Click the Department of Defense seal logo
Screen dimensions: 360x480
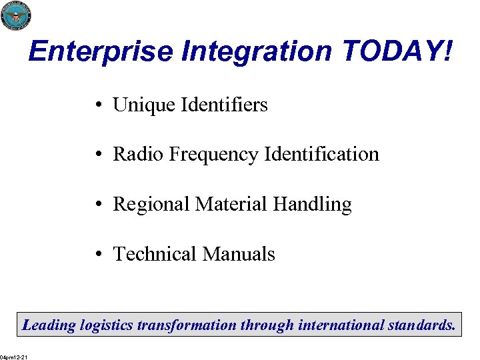pyautogui.click(x=16, y=15)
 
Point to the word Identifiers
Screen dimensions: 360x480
pyautogui.click(x=224, y=105)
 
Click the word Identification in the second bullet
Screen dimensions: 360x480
pyautogui.click(x=321, y=155)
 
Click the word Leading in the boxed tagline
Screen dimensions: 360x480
pyautogui.click(x=49, y=326)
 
